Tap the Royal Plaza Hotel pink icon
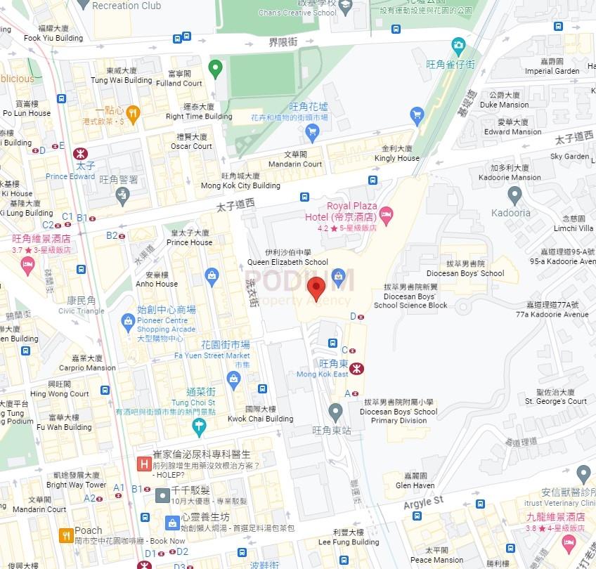coord(385,213)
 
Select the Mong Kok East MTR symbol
coord(356,367)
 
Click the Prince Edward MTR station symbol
coord(79,152)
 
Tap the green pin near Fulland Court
coord(216,69)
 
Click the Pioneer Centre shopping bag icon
coord(128,322)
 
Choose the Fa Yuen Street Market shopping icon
coord(234,379)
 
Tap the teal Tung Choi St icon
coord(200,425)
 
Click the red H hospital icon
coord(143,464)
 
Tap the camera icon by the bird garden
coord(458,47)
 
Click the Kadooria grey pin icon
coord(515,195)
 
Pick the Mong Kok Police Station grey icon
coord(123,195)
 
